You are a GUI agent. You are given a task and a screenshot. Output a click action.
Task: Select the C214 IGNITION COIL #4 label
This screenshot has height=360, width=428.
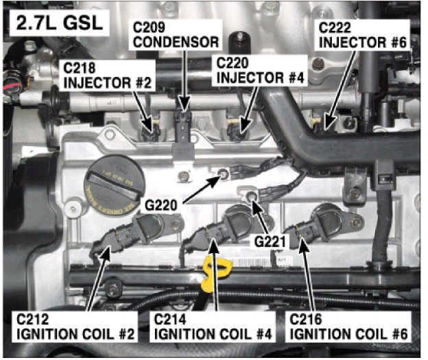point(213,327)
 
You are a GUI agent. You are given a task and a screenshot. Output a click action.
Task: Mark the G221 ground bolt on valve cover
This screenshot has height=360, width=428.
point(253,198)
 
